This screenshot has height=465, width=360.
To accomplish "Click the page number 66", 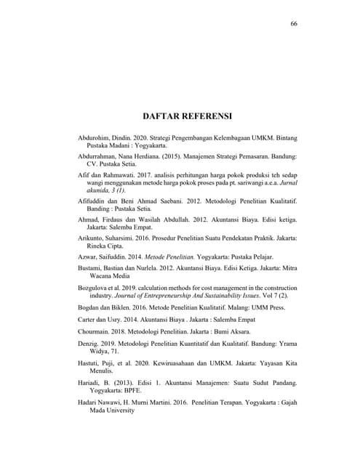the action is pos(294,23).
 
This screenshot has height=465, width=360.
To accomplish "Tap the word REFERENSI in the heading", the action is pos(207,116).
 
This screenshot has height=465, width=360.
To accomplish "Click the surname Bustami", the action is pos(92,270).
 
